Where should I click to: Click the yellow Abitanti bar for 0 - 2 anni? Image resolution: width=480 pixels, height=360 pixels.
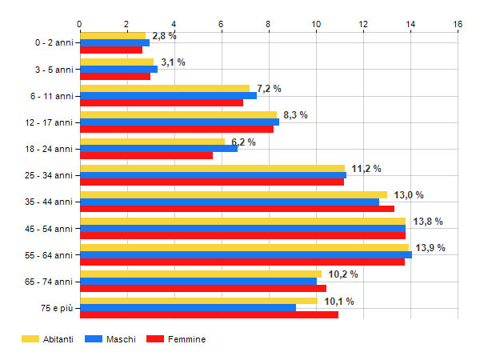point(112,35)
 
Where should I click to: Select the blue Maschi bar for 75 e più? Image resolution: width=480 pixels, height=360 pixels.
point(188,308)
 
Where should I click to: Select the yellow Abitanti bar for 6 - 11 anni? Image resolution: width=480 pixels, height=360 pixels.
point(164,88)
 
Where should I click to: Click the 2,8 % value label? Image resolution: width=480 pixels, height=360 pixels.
point(164,36)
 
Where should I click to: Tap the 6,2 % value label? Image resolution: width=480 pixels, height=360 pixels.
point(243,142)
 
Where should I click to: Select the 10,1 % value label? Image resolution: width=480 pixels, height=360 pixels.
point(340,301)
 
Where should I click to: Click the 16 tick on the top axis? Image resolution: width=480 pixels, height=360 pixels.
point(458,24)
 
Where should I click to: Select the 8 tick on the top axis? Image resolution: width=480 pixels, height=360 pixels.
point(269,24)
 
